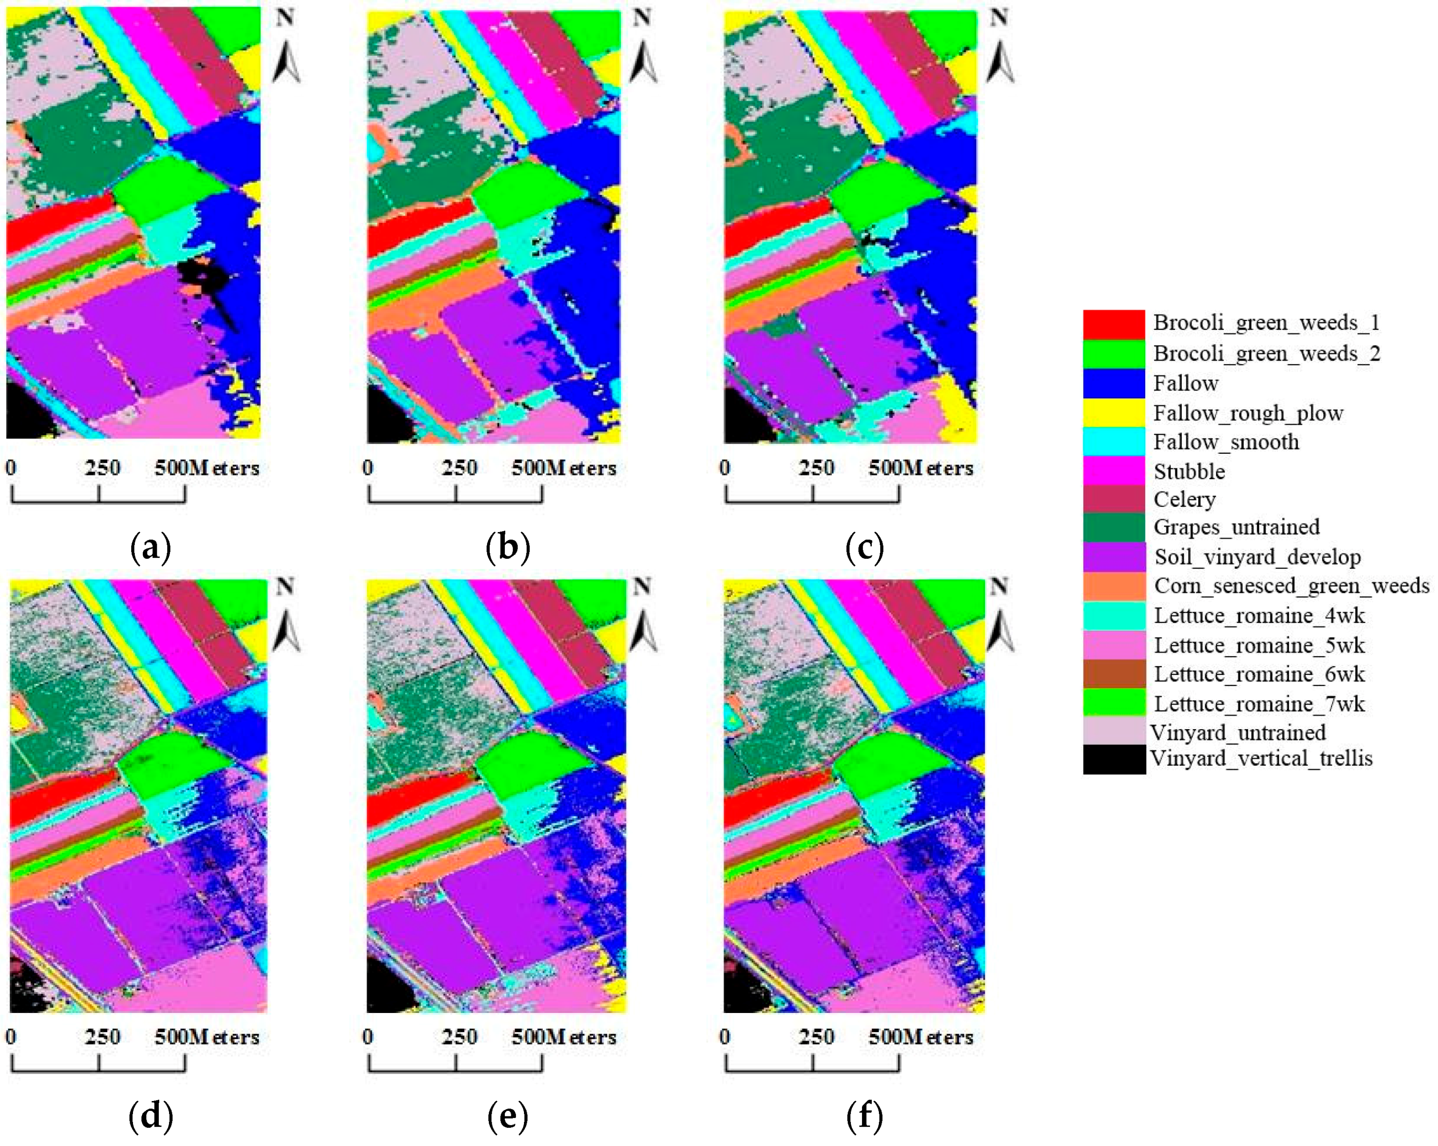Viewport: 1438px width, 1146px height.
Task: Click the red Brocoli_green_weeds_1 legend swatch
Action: pos(1113,324)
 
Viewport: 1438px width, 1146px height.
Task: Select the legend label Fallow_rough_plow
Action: pos(1248,414)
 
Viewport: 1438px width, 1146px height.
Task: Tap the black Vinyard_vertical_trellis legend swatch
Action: pos(1113,760)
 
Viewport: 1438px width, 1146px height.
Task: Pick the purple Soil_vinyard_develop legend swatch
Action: pos(1113,557)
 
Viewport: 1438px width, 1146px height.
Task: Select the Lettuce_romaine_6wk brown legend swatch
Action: pos(1113,674)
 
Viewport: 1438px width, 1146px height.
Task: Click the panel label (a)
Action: pos(151,547)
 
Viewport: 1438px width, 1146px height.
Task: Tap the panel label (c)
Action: pos(864,547)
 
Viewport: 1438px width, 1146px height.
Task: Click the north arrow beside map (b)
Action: pos(644,63)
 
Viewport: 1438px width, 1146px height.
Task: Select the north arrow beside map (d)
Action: pos(287,632)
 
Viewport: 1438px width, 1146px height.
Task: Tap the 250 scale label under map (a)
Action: pos(102,467)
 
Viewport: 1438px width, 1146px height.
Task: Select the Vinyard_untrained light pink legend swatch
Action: pos(1113,732)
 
